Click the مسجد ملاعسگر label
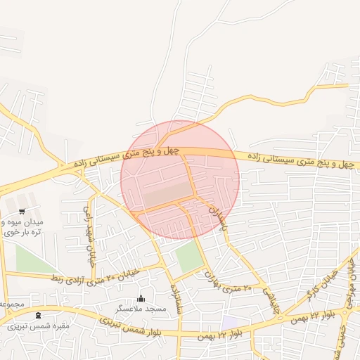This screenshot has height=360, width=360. [141, 309]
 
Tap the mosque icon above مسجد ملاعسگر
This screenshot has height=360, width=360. [141, 299]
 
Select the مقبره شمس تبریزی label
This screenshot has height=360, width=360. [38, 326]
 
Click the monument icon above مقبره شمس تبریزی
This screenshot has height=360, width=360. [37, 315]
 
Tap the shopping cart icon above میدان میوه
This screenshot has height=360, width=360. [22, 210]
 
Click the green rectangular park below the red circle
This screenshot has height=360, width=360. [188, 257]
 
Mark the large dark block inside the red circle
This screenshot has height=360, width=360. [169, 193]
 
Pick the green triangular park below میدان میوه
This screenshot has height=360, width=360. [31, 259]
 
